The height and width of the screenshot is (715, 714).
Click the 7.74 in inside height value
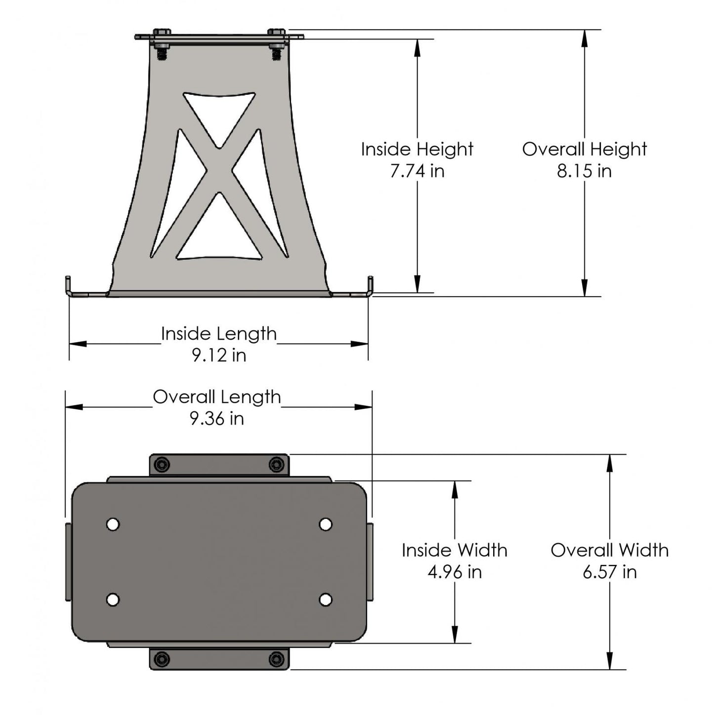[x=417, y=171]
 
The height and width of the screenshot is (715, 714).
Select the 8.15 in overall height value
[x=584, y=171]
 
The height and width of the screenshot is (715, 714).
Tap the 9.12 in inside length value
[x=219, y=355]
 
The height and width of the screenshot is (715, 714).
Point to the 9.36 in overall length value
[x=217, y=419]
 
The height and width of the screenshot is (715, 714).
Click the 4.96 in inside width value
[x=454, y=572]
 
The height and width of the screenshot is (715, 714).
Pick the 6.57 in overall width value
[x=609, y=572]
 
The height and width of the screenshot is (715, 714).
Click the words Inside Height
[x=417, y=149]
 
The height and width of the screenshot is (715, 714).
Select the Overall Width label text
[x=609, y=550]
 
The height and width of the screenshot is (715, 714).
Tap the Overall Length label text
[x=217, y=397]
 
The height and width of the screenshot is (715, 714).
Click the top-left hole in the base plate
[x=113, y=524]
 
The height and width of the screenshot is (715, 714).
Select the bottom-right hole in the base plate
[x=325, y=599]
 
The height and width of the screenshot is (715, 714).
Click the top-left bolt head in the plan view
[x=162, y=465]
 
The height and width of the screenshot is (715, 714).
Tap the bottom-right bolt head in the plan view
[x=277, y=659]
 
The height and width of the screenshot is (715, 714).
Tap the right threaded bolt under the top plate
[x=275, y=52]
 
